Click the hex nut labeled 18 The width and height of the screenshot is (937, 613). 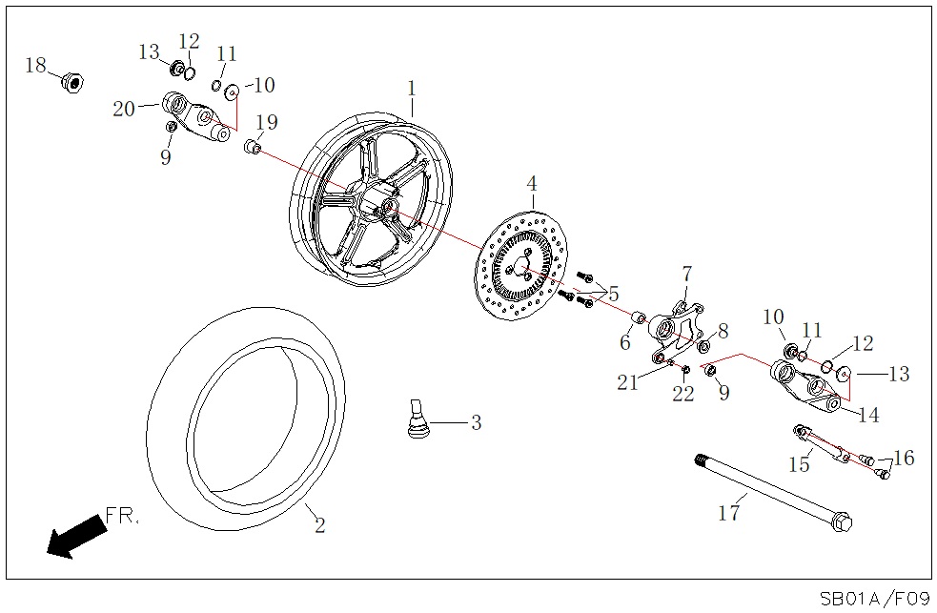pos(70,81)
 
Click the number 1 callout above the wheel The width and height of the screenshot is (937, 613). pos(412,89)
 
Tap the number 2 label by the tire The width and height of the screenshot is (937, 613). pos(320,524)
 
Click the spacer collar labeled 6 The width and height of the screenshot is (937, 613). pos(641,317)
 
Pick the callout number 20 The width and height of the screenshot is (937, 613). pos(124,109)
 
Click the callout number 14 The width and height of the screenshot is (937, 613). pos(868,415)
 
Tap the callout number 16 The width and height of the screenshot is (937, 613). pos(904,459)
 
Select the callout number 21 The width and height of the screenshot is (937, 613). pos(627,382)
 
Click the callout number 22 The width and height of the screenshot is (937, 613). pos(683,394)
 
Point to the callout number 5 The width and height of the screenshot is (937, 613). pos(613,294)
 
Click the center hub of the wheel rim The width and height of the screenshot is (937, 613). pos(387,207)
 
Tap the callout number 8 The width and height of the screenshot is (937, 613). pos(723,331)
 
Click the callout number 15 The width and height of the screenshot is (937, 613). pos(799,464)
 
